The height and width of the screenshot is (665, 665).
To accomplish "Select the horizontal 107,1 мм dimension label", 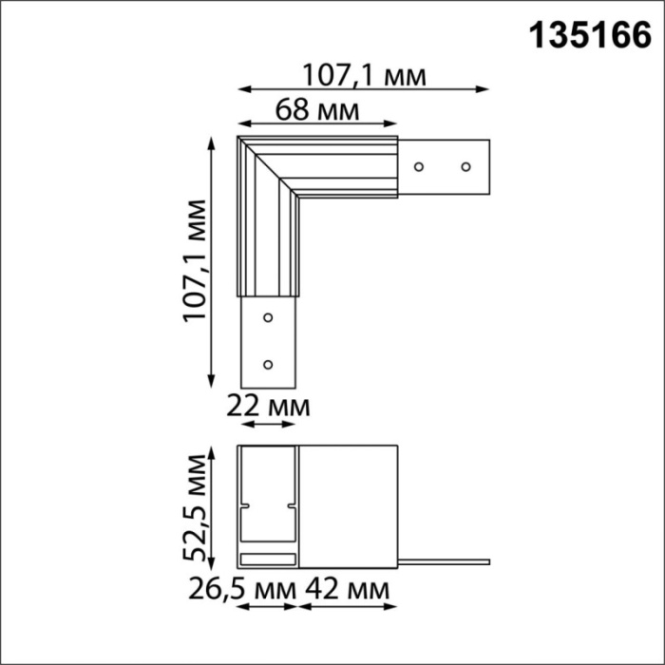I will click(363, 73).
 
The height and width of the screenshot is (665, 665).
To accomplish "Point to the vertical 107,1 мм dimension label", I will click(194, 261).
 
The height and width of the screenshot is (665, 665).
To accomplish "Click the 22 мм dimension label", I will click(267, 407).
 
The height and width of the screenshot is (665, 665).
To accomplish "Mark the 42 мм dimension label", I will click(346, 590).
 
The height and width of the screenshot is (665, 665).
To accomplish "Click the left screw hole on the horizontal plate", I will click(418, 167).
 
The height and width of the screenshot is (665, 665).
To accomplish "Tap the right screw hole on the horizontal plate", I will click(465, 167).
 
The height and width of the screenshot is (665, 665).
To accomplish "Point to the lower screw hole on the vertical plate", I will click(268, 364).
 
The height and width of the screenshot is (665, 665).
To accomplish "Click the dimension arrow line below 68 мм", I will click(317, 125).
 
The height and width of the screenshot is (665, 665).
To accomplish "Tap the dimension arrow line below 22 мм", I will click(267, 426).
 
